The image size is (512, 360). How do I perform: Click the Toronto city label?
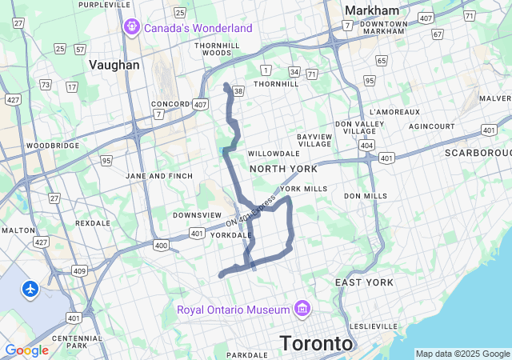tap(316, 343)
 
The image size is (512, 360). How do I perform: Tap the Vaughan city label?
tap(114, 66)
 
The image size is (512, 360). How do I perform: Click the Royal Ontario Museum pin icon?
tap(302, 309)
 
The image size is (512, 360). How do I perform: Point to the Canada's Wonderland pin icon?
tap(132, 28)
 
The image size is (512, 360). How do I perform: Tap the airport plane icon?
tap(31, 288)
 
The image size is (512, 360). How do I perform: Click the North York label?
tap(283, 169)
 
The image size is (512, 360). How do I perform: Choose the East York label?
tap(364, 282)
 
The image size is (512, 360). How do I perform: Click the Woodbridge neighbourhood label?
tap(53, 146)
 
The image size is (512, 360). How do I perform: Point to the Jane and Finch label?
tap(159, 176)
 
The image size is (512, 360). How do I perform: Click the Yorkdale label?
tap(231, 235)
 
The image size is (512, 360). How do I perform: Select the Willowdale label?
tap(273, 153)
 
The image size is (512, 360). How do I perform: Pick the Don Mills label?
tap(366, 196)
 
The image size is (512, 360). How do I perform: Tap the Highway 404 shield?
tap(366, 146)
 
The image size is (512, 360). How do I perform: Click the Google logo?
tap(26, 350)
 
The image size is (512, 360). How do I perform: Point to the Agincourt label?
tap(431, 126)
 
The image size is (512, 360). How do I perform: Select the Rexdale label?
tap(92, 223)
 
